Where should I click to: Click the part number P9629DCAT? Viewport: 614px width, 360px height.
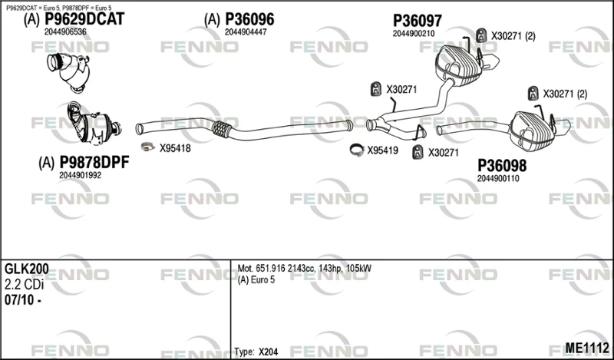[84, 19]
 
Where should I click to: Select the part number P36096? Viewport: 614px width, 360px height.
[249, 20]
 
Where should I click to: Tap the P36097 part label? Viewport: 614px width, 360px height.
[418, 21]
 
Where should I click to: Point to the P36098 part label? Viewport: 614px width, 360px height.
[502, 166]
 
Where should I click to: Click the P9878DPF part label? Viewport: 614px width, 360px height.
[94, 162]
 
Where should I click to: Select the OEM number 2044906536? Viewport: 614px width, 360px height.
[65, 31]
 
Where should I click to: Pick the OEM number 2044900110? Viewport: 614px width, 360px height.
[498, 178]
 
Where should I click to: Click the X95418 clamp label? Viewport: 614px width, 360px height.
[175, 148]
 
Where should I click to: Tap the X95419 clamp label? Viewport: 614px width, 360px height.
[382, 150]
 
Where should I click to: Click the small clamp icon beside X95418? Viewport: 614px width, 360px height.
[147, 147]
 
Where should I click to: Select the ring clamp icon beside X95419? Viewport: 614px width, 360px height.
[357, 150]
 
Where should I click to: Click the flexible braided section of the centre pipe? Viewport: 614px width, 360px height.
[221, 129]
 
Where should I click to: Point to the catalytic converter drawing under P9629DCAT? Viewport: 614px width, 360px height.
[69, 71]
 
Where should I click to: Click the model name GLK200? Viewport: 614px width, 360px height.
[27, 269]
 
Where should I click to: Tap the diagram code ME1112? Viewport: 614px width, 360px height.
[587, 348]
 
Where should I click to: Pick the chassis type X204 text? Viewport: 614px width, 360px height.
[268, 352]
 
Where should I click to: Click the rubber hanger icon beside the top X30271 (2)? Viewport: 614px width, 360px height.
[481, 35]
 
